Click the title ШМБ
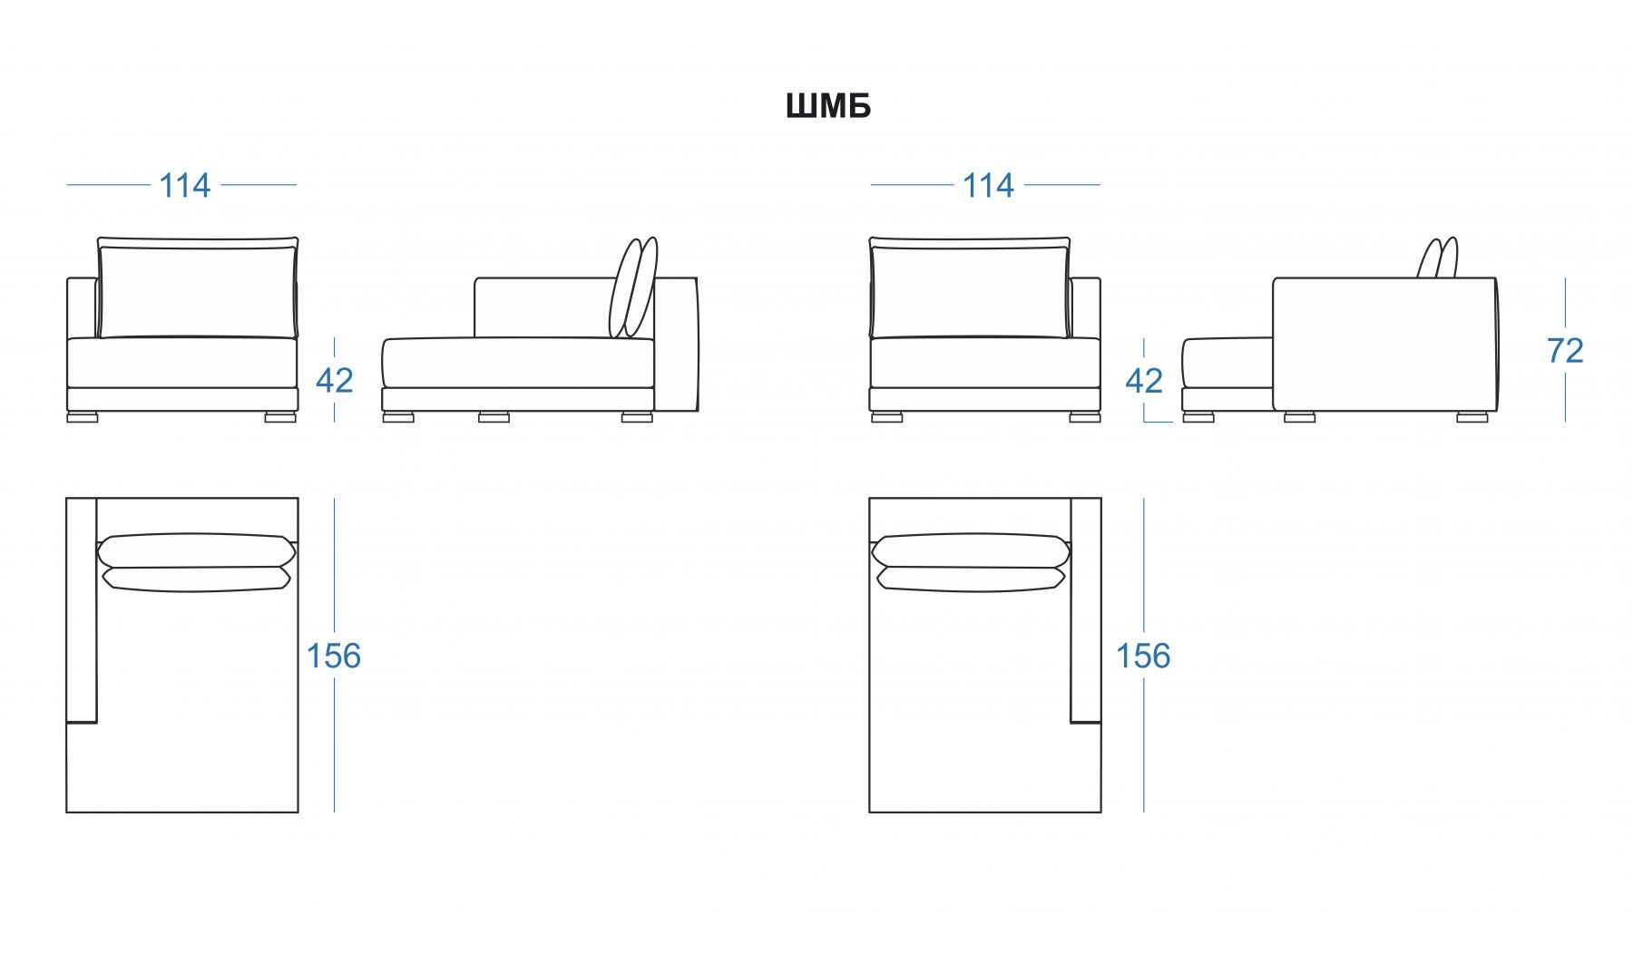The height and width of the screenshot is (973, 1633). [x=828, y=106]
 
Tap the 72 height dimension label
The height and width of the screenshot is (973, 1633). [x=1565, y=350]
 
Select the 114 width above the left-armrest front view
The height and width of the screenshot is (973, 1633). [x=185, y=186]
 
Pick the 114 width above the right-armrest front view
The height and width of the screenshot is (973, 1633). [x=988, y=186]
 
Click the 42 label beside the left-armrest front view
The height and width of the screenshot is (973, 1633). [x=334, y=381]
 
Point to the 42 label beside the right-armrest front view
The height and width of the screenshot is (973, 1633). [x=1143, y=381]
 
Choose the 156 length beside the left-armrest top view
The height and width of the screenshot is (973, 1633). [x=333, y=656]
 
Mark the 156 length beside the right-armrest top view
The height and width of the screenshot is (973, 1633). [x=1143, y=656]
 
